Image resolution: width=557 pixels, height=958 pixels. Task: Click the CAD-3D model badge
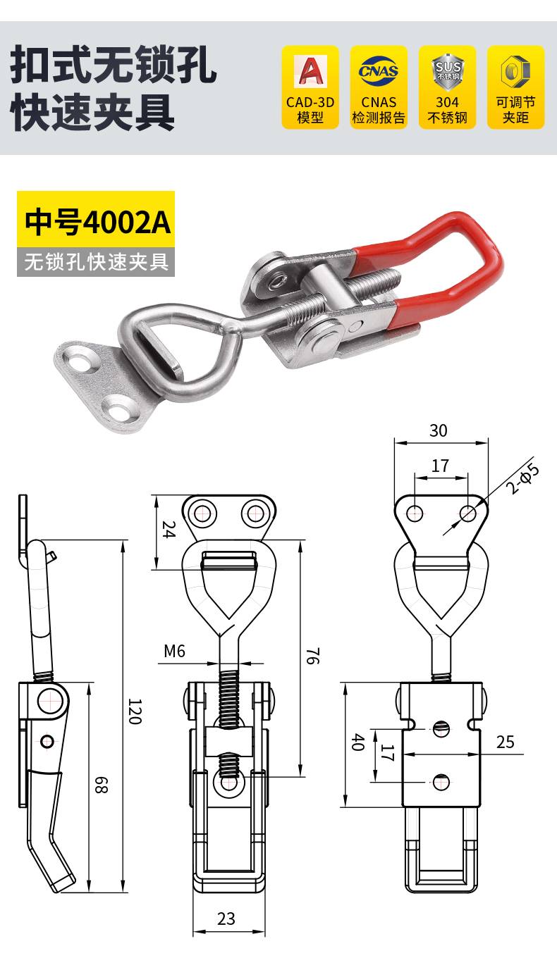(310, 87)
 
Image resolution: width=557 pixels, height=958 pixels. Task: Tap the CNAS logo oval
(379, 70)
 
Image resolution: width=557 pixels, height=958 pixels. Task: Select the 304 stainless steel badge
(448, 87)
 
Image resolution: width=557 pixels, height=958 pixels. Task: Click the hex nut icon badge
(516, 87)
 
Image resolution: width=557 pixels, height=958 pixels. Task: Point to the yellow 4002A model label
(96, 219)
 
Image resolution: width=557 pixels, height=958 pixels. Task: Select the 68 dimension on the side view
(101, 785)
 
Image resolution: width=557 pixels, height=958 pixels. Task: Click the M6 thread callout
(174, 652)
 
